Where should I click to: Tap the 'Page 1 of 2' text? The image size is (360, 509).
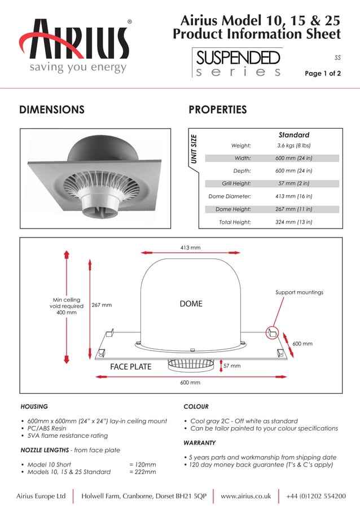[322, 73]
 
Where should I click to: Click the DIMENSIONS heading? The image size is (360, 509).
[52, 109]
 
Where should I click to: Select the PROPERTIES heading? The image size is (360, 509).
[217, 109]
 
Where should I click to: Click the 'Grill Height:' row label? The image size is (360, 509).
[236, 183]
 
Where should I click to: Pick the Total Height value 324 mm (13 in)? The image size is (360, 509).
[293, 222]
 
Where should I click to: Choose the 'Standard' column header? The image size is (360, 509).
[293, 135]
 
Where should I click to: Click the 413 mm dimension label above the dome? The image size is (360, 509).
[190, 248]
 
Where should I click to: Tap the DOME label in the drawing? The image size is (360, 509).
[191, 304]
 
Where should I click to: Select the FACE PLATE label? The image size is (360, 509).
[130, 367]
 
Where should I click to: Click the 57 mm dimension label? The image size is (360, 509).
[232, 366]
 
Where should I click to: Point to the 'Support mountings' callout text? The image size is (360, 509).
[299, 292]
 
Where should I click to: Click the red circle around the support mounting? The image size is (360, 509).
[272, 332]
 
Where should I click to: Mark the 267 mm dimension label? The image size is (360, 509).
[102, 305]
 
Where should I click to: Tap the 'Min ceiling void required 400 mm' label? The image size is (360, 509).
[67, 306]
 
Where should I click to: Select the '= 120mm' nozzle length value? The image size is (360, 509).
[143, 464]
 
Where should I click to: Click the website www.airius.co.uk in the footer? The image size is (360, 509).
[245, 496]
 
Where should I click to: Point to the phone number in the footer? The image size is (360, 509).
[316, 496]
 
